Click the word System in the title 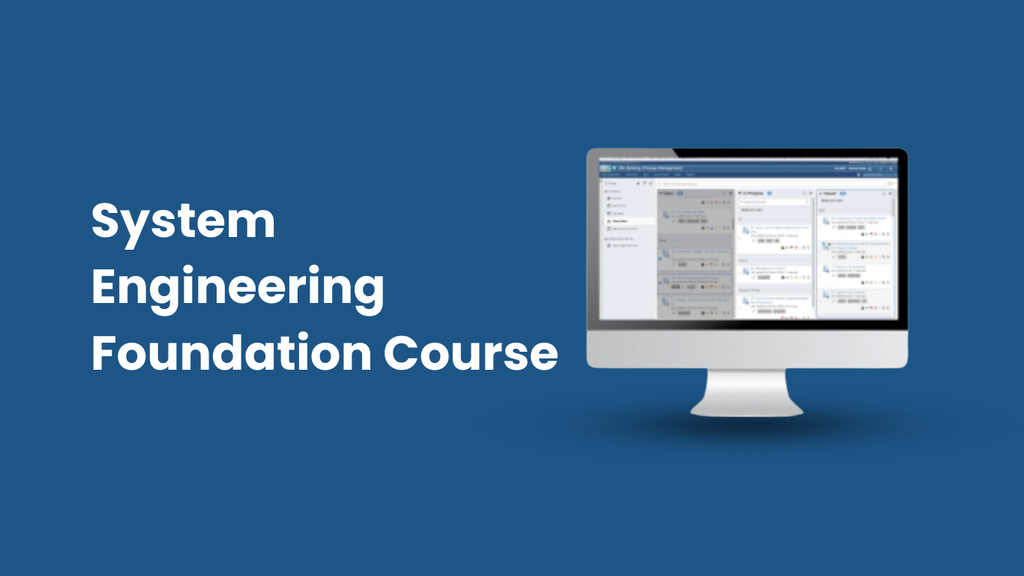(183, 223)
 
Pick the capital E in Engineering (104, 287)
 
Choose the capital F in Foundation (103, 352)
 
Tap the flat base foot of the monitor (746, 409)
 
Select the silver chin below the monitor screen (747, 349)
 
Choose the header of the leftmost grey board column (669, 193)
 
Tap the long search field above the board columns (772, 182)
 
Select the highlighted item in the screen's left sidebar (620, 221)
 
